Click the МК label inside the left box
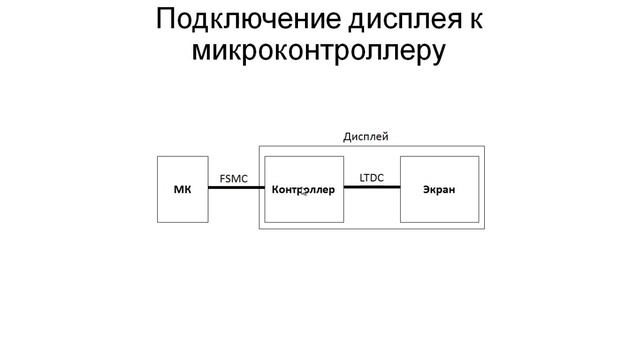coord(182,189)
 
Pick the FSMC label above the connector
coord(234,179)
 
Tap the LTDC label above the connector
coord(372,178)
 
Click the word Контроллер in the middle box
coord(303,189)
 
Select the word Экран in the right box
coord(439,189)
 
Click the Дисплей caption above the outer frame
coord(365,136)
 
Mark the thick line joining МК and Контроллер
coord(235,189)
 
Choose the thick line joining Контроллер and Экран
coord(372,189)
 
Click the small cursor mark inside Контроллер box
coord(302,193)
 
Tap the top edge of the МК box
coord(182,156)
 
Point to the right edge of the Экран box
coord(478,189)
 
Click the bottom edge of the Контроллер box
coord(303,222)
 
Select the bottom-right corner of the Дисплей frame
coord(484,229)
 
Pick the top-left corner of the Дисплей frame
coord(259,146)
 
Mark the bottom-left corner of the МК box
coord(158,222)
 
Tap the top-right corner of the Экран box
coord(478,156)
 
